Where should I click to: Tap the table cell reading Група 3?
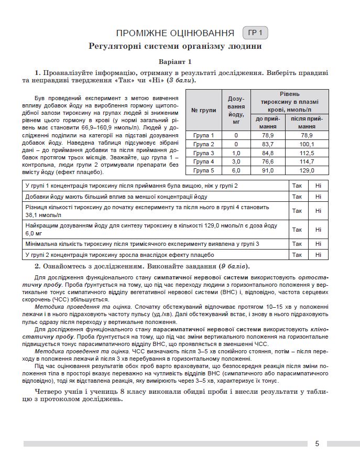click(204, 153)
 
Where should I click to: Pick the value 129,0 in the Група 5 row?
click(307, 170)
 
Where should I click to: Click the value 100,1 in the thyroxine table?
click(307, 144)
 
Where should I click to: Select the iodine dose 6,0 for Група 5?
click(236, 170)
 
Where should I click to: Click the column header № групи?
click(204, 110)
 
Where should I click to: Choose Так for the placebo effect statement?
click(297, 255)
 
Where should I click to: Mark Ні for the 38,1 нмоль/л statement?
click(318, 210)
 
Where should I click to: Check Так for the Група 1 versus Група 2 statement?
click(297, 186)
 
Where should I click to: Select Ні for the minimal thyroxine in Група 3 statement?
click(318, 244)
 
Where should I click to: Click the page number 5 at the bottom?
click(317, 444)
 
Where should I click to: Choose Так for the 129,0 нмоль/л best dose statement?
click(297, 229)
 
